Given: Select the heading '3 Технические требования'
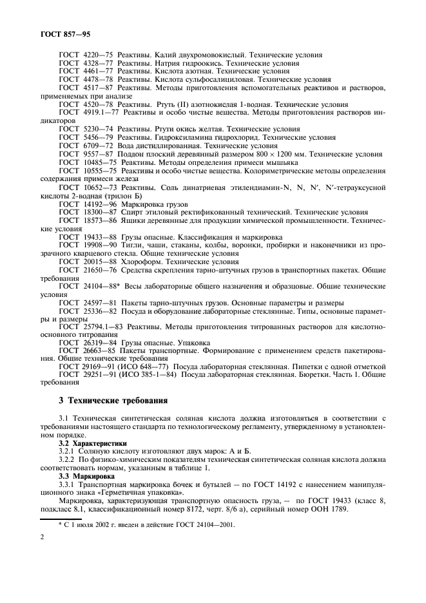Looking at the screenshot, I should pos(113,400).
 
